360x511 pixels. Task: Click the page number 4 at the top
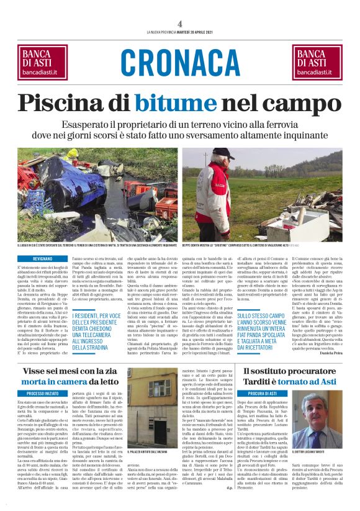click(180, 24)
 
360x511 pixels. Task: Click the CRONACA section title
click(180, 62)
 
